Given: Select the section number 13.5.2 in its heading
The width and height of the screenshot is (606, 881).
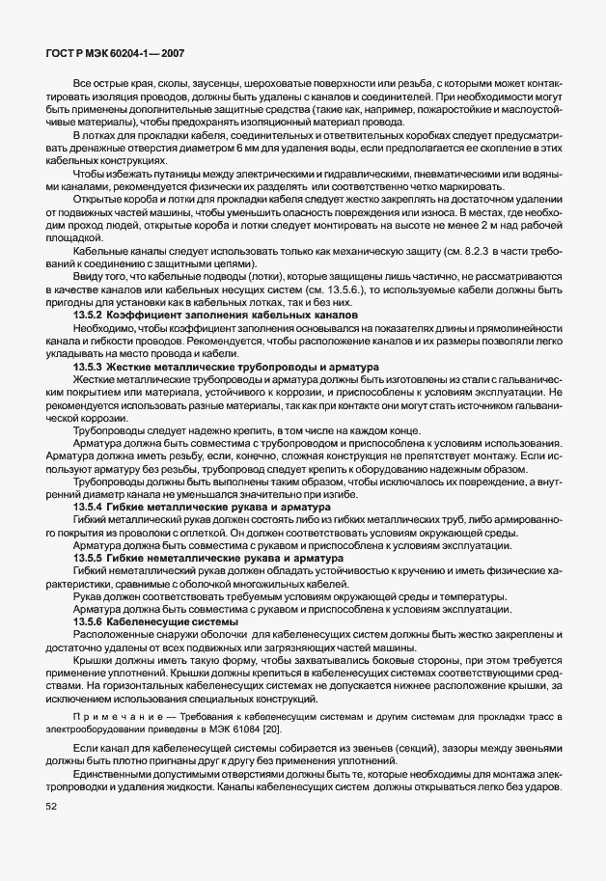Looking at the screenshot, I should coord(90,316).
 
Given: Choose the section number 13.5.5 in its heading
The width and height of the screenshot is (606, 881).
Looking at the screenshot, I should coord(90,558).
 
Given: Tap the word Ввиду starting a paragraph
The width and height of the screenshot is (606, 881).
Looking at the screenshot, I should coord(89,276).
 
